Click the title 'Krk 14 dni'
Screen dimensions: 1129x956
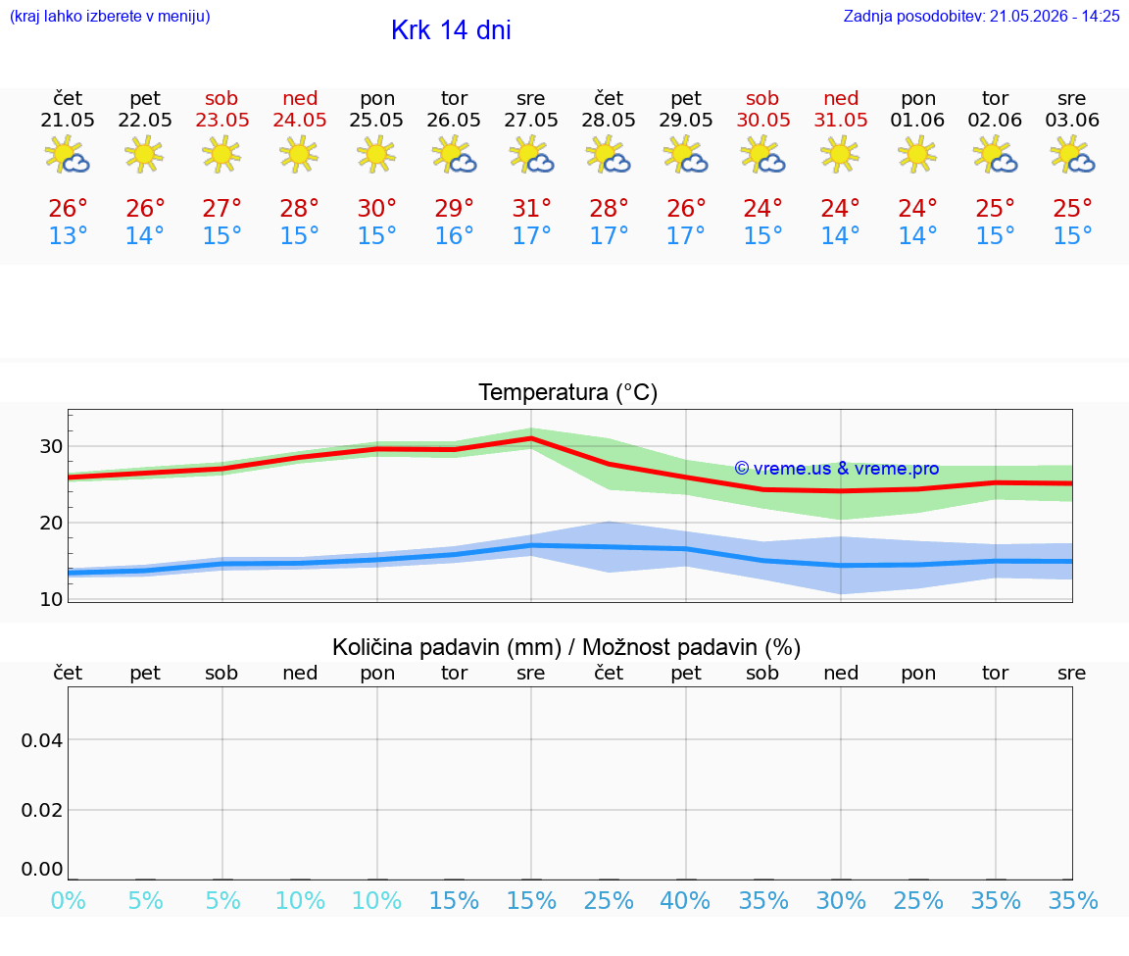coord(451,30)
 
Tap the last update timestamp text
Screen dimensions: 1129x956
coord(981,16)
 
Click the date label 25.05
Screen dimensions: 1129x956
coord(376,120)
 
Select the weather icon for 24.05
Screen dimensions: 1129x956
coord(299,154)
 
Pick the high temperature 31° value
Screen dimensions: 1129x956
coord(531,208)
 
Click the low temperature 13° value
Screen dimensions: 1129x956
coord(68,235)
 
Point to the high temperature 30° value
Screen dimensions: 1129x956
coord(376,208)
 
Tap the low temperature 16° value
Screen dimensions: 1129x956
coord(454,235)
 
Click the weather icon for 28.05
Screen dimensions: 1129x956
coord(609,154)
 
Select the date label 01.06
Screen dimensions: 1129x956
coord(917,120)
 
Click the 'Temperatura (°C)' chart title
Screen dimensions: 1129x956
coord(568,392)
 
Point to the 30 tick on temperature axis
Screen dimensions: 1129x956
coord(51,447)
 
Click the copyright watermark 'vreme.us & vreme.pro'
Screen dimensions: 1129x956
coord(837,469)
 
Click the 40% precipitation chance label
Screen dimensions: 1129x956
coord(685,900)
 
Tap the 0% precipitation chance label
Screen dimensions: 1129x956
coord(69,900)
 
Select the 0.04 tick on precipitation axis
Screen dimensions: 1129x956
coord(42,740)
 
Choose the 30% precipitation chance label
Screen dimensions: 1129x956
coord(840,900)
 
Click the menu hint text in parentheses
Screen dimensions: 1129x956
coord(110,16)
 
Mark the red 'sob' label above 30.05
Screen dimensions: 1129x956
coord(762,98)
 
